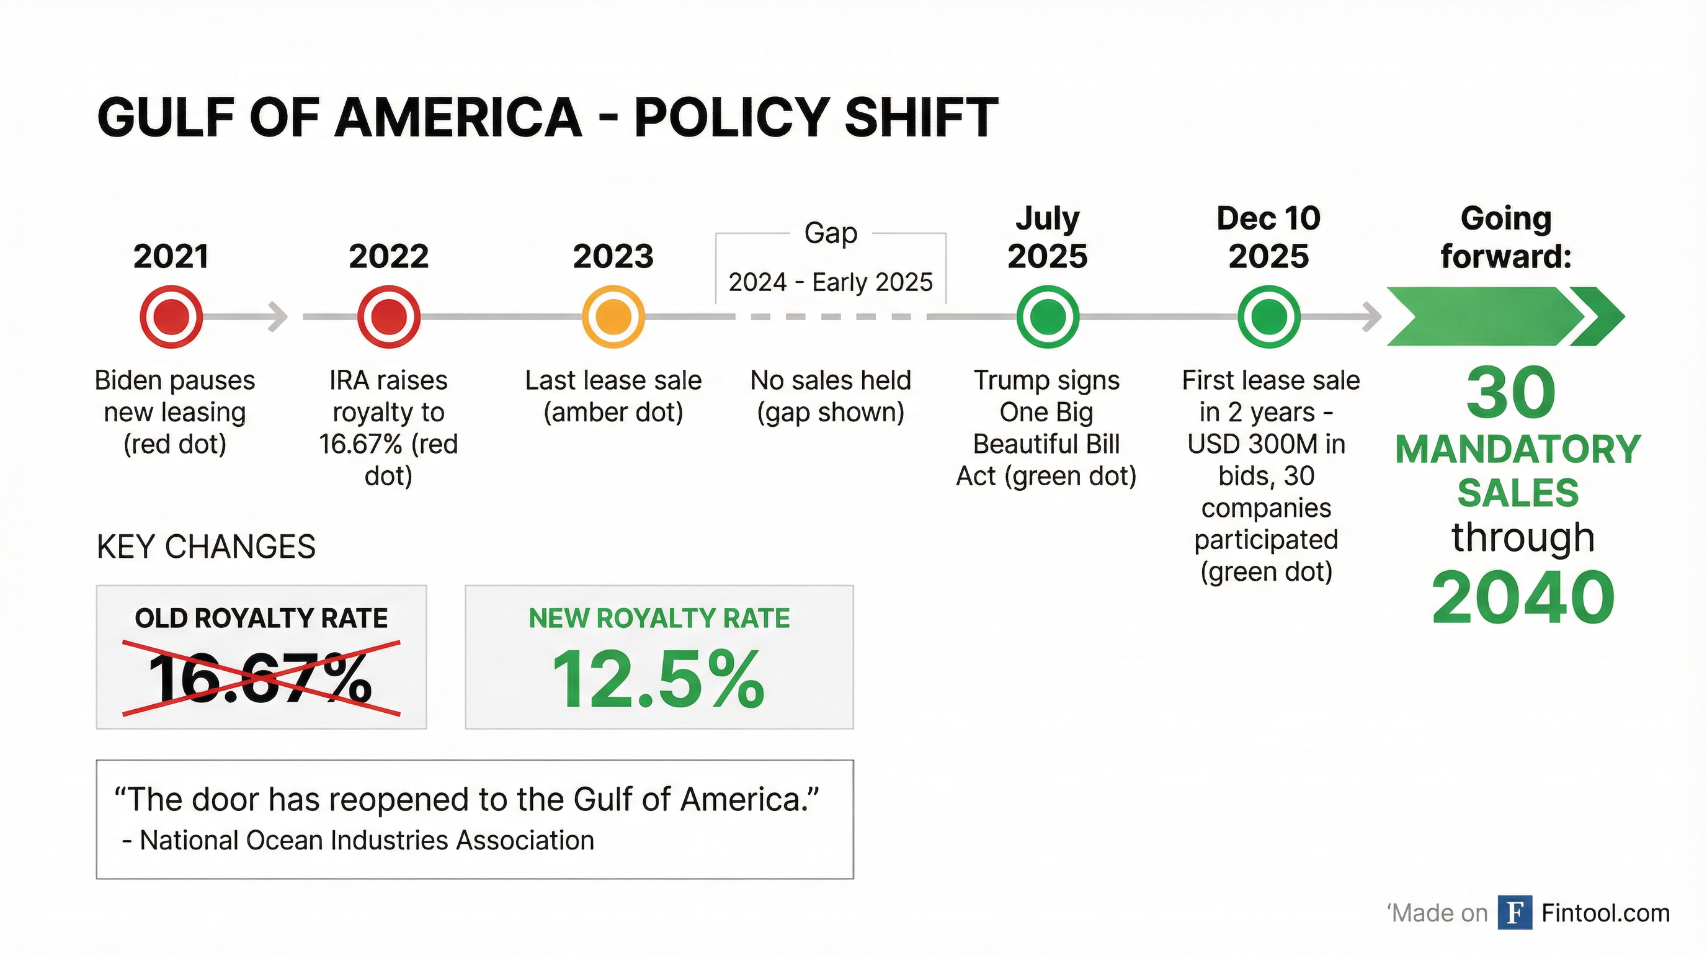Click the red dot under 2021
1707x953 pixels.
coord(172,317)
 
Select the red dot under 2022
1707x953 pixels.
coord(389,317)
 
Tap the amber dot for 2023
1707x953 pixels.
coord(613,317)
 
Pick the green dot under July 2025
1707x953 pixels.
coord(1048,317)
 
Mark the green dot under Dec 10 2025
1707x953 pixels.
coord(1269,317)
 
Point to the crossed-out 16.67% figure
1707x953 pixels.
coord(261,678)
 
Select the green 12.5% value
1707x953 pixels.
coord(659,679)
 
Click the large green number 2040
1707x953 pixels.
coord(1523,597)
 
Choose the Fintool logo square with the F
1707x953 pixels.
coord(1515,913)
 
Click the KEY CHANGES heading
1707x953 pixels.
coord(206,547)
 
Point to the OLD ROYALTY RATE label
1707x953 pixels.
coord(261,618)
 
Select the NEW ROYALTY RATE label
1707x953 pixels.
coord(659,618)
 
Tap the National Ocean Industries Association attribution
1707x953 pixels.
coord(358,840)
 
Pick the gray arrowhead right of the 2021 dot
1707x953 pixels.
coord(279,317)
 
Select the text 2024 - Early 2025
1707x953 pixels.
coord(831,282)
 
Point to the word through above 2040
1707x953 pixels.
coord(1523,537)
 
